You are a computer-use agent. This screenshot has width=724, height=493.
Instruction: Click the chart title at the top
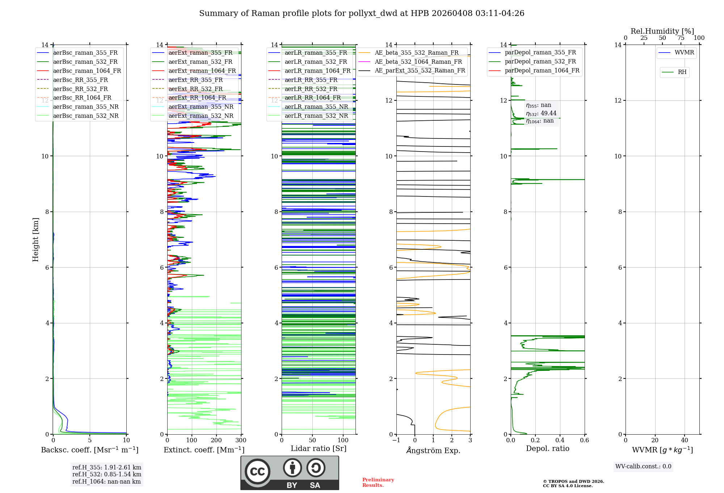pos(362,13)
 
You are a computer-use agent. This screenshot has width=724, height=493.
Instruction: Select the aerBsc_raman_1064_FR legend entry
pos(87,71)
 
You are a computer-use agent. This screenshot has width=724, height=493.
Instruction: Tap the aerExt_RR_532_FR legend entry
pos(195,89)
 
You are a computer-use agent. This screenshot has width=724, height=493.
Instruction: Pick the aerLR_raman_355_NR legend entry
pos(316,107)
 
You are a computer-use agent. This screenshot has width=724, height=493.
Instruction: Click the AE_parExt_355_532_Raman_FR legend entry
pos(420,71)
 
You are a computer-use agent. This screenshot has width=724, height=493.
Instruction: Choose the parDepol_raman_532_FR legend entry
pos(540,62)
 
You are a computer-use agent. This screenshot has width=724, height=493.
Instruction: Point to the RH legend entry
pos(682,72)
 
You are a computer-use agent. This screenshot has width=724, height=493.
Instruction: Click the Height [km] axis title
pos(35,240)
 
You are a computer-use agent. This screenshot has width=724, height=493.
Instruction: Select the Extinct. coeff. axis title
pos(204,450)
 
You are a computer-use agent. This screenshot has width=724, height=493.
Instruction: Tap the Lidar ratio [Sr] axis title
pos(319,448)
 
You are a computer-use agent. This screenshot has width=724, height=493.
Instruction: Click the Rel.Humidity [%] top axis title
pos(662,31)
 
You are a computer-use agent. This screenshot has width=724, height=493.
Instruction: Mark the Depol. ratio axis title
pos(548,448)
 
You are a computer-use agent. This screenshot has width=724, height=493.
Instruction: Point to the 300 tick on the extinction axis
pos(241,440)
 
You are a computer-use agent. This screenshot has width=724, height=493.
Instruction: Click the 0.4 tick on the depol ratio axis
pos(560,440)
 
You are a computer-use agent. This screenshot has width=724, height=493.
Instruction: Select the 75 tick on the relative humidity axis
pos(681,38)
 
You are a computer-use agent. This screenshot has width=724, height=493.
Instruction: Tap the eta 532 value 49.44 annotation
pos(542,113)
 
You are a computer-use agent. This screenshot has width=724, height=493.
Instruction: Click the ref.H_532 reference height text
pos(107,475)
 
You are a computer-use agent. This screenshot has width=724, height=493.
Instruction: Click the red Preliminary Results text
pos(378,482)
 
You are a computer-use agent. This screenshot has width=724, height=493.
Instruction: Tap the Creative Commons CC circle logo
pos(257,472)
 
